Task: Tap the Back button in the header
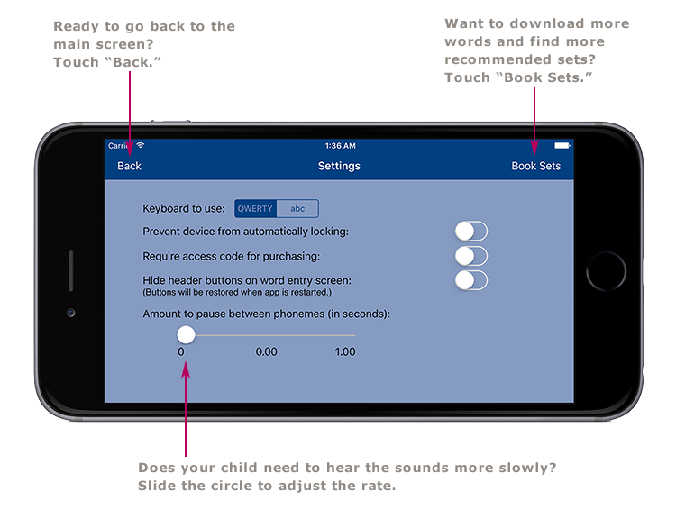point(129,166)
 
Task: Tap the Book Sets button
point(535,166)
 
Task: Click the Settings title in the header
point(339,166)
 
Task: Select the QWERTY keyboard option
point(255,209)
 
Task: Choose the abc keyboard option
point(297,209)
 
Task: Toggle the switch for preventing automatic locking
point(470,232)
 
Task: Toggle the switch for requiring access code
point(470,256)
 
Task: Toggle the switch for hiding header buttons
point(470,280)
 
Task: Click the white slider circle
point(186,335)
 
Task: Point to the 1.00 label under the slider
point(345,352)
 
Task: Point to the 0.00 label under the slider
point(266,352)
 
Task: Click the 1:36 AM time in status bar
point(340,146)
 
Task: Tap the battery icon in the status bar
point(562,146)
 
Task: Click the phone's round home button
point(606,271)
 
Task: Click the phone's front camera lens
point(70,313)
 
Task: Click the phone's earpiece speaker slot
point(70,271)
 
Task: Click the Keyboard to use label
point(184,209)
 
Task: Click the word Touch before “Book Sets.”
point(470,77)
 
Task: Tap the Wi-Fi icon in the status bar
point(140,146)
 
